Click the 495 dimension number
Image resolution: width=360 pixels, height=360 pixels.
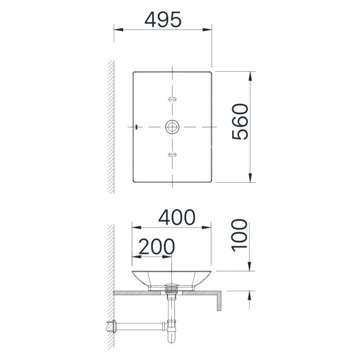163,21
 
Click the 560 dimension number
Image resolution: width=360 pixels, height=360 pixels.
240,122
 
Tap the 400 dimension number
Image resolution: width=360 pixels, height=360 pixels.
177,217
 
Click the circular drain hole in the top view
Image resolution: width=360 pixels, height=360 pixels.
172,127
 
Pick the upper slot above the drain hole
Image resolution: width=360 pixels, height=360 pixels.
172,99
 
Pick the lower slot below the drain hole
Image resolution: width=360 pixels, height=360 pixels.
172,154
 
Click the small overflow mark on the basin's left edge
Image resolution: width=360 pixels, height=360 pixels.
136,127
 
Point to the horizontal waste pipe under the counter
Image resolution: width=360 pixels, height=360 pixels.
140,327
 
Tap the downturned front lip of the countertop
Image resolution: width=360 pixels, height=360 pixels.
218,302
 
